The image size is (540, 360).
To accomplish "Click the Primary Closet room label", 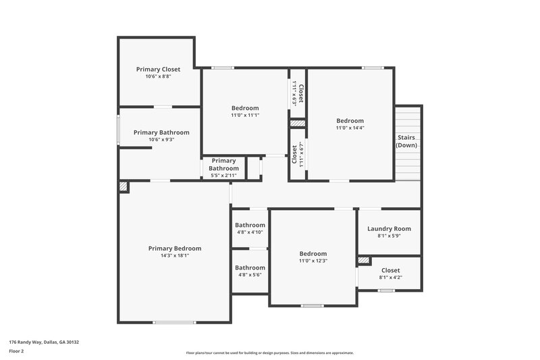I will tap(158, 69).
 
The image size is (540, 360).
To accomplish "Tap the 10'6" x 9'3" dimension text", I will tap(161, 140).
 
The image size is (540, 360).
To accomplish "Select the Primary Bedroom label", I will tap(175, 248).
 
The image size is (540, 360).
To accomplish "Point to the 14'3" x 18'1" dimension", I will tap(175, 256).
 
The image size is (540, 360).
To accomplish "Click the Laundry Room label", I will tap(389, 228).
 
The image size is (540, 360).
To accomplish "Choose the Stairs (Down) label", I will tap(406, 141).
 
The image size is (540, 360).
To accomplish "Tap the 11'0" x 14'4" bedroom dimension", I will tap(350, 128).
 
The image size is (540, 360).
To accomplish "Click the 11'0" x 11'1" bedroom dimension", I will tap(245, 115).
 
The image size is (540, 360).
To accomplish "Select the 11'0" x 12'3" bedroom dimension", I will tap(313, 261).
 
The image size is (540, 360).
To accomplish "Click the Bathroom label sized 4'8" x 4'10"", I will tap(250, 225).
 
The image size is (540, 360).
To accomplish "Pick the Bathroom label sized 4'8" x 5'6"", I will tap(250, 267).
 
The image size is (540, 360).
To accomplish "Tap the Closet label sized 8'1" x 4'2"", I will tap(390, 270).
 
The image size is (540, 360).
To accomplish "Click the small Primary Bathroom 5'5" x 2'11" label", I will tap(223, 164).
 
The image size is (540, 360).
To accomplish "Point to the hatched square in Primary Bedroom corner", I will tap(124, 186).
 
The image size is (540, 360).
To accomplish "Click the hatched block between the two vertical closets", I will tap(297, 124).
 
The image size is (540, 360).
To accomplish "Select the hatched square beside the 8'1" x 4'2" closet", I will tap(364, 260).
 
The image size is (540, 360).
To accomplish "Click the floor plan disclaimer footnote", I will tap(269, 353).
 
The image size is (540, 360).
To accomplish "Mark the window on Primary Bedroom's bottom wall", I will tap(174, 322).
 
